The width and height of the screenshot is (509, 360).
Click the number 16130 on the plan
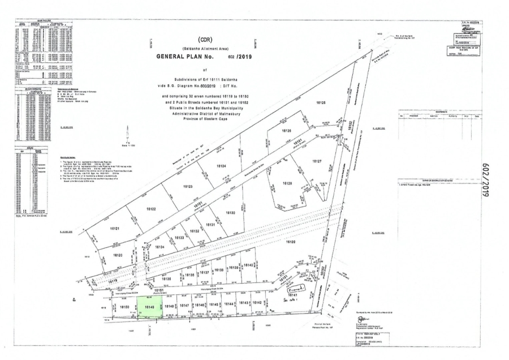point(230,213)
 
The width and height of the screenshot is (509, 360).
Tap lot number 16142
point(257,302)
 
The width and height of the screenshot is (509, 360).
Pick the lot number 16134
point(158,247)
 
